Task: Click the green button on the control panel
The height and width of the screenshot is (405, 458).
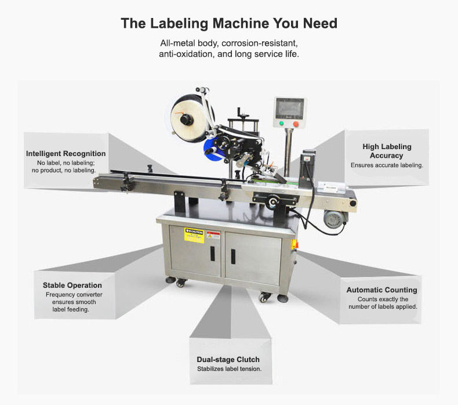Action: [281, 123]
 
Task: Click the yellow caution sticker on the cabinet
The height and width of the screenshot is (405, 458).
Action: [194, 235]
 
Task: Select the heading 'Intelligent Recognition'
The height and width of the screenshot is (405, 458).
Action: [66, 154]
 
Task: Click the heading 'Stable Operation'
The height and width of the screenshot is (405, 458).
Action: [72, 285]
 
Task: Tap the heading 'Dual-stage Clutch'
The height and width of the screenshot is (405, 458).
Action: [228, 360]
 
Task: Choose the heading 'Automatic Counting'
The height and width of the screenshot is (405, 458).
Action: [381, 290]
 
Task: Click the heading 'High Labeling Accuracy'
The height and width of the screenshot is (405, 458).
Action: [387, 151]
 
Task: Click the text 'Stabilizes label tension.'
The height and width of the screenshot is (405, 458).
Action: [228, 369]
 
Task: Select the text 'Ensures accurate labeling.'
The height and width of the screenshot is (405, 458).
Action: [387, 165]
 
